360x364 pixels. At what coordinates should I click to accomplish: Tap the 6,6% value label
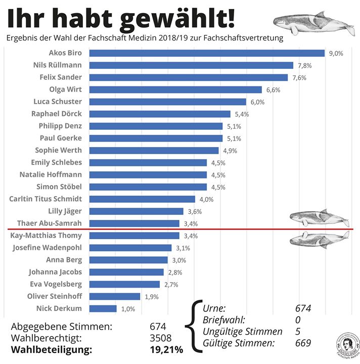(x=273, y=90)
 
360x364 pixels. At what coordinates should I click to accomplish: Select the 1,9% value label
(x=151, y=296)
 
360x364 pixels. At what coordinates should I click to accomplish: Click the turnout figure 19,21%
(x=166, y=349)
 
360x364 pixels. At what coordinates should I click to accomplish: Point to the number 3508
(x=161, y=338)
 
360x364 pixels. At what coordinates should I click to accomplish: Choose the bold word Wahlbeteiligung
(x=54, y=349)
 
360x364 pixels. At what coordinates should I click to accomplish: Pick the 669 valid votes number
(x=303, y=343)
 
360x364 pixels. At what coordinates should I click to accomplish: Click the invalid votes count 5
(x=298, y=332)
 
